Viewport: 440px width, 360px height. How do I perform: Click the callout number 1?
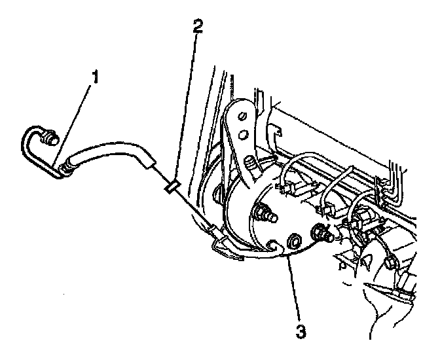pyautogui.click(x=96, y=77)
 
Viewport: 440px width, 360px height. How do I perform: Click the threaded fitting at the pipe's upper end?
pyautogui.click(x=49, y=138)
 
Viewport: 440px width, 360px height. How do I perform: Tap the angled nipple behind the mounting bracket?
pyautogui.click(x=251, y=162)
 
